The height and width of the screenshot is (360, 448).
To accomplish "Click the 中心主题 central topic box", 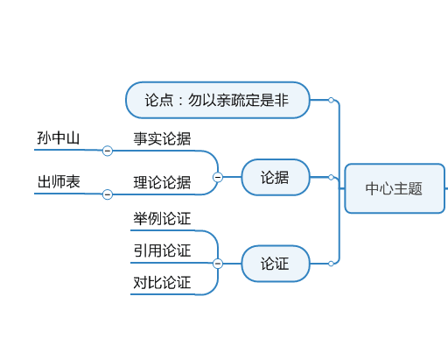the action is pyautogui.click(x=395, y=188).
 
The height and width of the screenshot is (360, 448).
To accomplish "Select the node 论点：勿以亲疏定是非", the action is pyautogui.click(x=218, y=100).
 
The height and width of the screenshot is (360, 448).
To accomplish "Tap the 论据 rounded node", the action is pyautogui.click(x=276, y=177).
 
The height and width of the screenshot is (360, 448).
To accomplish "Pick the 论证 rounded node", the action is pyautogui.click(x=276, y=264).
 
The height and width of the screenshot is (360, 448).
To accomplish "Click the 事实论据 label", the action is pyautogui.click(x=162, y=138).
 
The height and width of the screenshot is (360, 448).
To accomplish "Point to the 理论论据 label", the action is pyautogui.click(x=162, y=182).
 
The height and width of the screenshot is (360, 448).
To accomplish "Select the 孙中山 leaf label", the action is pyautogui.click(x=59, y=138).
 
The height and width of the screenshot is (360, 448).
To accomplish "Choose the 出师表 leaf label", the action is pyautogui.click(x=59, y=181).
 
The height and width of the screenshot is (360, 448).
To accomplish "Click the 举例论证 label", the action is pyautogui.click(x=162, y=218).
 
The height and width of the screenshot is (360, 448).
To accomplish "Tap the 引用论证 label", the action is pyautogui.click(x=162, y=251).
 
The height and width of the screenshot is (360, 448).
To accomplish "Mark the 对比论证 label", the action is pyautogui.click(x=162, y=282).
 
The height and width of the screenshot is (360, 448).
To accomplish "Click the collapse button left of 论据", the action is pyautogui.click(x=218, y=177).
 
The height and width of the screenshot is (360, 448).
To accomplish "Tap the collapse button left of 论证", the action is pyautogui.click(x=218, y=264).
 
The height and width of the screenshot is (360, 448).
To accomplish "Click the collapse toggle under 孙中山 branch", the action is pyautogui.click(x=108, y=151).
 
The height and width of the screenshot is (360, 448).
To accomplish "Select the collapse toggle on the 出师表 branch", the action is pyautogui.click(x=108, y=194).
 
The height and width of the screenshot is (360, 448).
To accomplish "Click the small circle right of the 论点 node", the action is pyautogui.click(x=331, y=100).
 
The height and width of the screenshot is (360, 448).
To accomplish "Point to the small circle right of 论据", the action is pyautogui.click(x=331, y=177).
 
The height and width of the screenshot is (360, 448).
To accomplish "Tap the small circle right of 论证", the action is pyautogui.click(x=331, y=264).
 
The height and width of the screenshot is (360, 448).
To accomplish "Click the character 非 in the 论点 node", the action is pyautogui.click(x=282, y=100).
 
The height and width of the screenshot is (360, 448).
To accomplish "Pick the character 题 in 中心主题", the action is pyautogui.click(x=415, y=188).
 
